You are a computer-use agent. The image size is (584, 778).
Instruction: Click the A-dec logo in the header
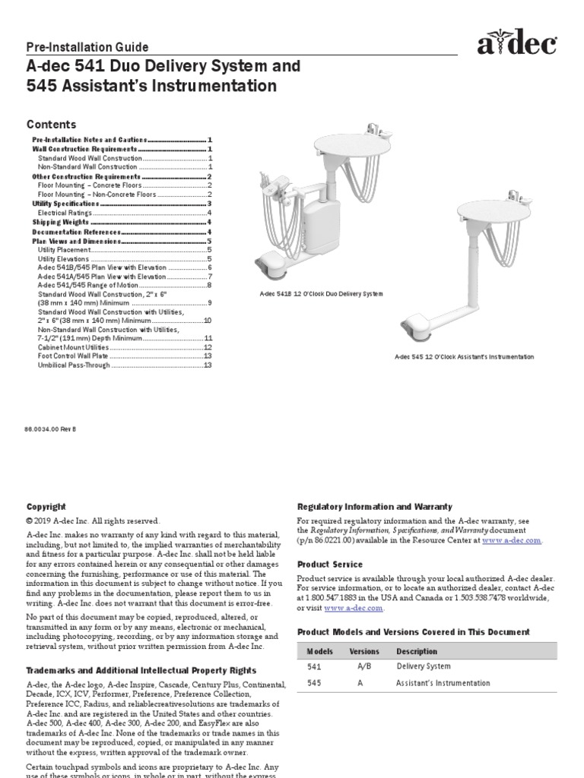(x=517, y=46)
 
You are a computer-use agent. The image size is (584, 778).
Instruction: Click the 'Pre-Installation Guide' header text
(x=87, y=47)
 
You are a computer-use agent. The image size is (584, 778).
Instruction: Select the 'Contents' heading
(x=52, y=125)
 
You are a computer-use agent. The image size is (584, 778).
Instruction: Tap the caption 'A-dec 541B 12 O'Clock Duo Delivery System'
(x=322, y=293)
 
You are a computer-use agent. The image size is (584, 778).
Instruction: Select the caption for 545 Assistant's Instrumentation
(x=464, y=357)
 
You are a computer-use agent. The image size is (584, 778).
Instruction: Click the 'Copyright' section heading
(x=46, y=507)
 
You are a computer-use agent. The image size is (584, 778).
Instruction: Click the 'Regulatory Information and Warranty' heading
(x=374, y=507)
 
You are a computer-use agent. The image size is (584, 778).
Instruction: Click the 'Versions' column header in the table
(x=363, y=652)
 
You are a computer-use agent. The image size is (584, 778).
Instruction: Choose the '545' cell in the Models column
(x=314, y=683)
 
